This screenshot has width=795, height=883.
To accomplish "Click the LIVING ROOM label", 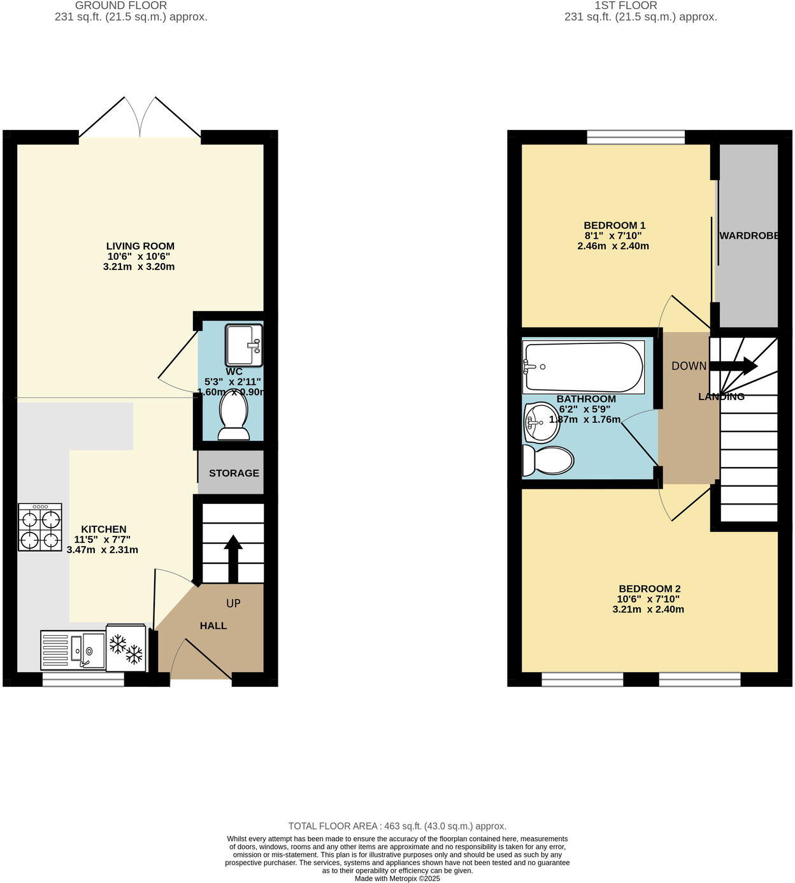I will click(140, 246).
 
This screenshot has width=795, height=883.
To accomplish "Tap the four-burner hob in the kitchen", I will click(40, 527).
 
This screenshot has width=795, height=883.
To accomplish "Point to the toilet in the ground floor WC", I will click(234, 416).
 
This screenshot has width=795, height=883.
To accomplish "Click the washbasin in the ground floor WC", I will click(243, 345).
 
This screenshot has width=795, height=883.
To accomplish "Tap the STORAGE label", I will click(234, 473).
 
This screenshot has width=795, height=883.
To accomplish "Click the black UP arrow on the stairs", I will click(233, 558).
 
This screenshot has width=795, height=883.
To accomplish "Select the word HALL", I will click(213, 626).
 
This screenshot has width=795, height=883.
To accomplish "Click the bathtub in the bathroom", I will click(583, 367).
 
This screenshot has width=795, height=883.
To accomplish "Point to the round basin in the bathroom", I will click(541, 422).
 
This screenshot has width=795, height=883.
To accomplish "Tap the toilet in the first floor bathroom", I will click(548, 461).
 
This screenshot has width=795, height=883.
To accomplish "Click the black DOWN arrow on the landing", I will click(733, 366).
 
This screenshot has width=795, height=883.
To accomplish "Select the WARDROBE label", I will click(749, 236).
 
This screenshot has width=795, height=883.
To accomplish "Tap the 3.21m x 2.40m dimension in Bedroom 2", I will click(648, 609).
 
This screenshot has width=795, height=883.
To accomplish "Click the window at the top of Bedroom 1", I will click(635, 136).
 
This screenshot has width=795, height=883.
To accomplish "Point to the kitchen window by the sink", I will click(83, 680).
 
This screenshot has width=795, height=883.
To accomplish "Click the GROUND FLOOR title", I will click(121, 5).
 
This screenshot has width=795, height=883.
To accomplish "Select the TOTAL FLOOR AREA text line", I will click(397, 826).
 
